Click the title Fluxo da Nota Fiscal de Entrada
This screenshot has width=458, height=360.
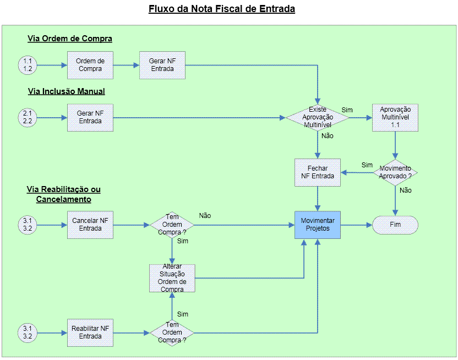pyautogui.click(x=222, y=9)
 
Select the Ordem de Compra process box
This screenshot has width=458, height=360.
pyautogui.click(x=90, y=65)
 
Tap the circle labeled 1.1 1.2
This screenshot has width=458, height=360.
pyautogui.click(x=27, y=65)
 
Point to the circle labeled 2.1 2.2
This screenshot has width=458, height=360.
pyautogui.click(x=27, y=117)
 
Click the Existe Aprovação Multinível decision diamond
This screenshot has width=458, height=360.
pyautogui.click(x=318, y=117)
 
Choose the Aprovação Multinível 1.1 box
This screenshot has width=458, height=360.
pyautogui.click(x=395, y=117)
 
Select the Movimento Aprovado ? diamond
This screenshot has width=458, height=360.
pyautogui.click(x=395, y=172)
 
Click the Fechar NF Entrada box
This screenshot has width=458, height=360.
pyautogui.click(x=318, y=172)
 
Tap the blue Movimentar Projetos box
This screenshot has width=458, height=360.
pyautogui.click(x=318, y=225)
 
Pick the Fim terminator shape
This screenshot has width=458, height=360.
pyautogui.click(x=395, y=225)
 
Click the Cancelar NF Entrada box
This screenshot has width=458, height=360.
pyautogui.click(x=90, y=225)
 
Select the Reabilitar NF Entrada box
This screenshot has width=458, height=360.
pyautogui.click(x=90, y=332)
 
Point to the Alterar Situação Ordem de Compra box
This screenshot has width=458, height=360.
pyautogui.click(x=172, y=278)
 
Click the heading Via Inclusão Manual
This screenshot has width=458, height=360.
pyautogui.click(x=66, y=91)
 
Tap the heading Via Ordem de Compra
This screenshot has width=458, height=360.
pyautogui.click(x=70, y=39)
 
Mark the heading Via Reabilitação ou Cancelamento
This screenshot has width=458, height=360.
pyautogui.click(x=64, y=194)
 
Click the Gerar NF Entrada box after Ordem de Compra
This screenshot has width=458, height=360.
pyautogui.click(x=162, y=65)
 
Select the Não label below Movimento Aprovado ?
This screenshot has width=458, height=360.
pyautogui.click(x=406, y=190)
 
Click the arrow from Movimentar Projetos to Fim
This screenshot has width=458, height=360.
pyautogui.click(x=356, y=225)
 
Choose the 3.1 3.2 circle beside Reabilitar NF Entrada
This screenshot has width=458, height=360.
pyautogui.click(x=27, y=332)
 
